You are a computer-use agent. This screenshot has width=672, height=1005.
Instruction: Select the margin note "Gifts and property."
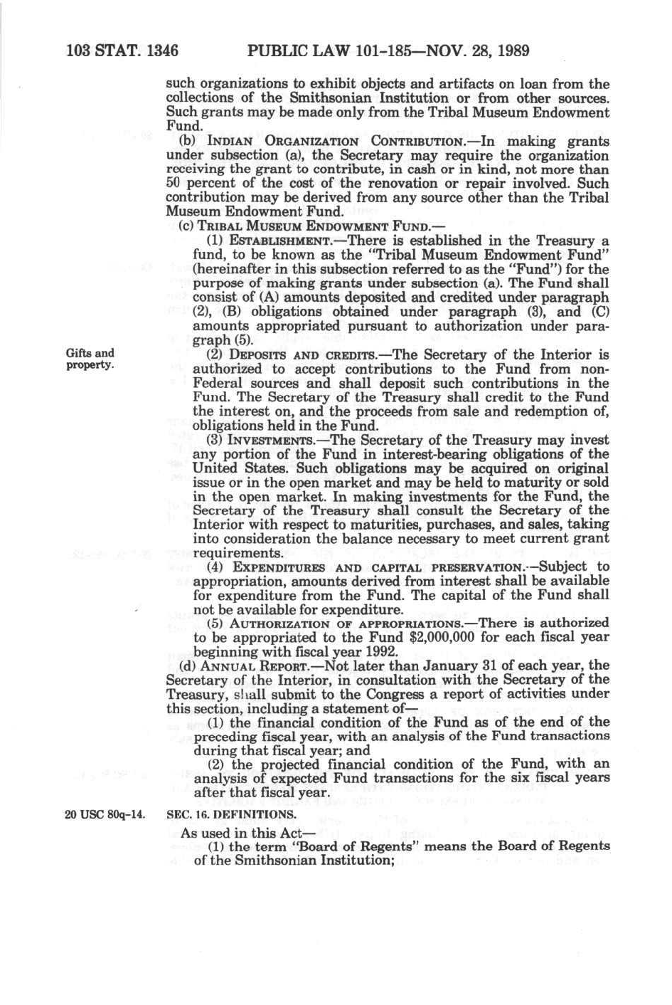coord(90,359)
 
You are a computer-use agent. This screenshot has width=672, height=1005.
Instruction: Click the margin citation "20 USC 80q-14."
coord(105,814)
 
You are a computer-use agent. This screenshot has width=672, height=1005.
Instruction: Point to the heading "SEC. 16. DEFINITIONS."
coord(231,814)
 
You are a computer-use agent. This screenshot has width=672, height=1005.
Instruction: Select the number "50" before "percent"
coord(174,184)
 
